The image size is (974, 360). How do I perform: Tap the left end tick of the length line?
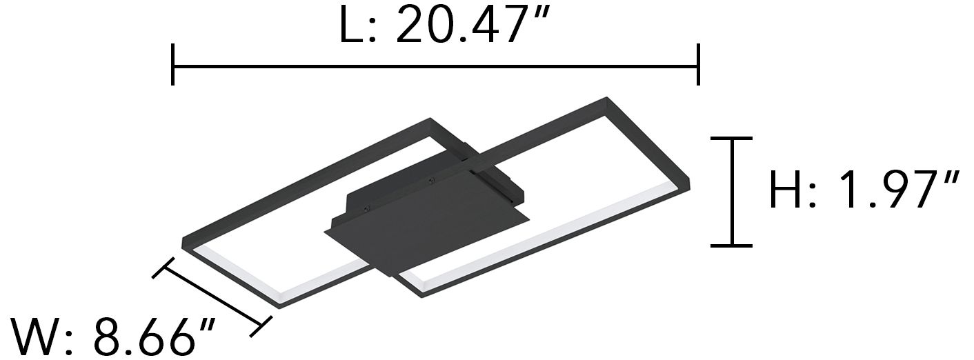coord(172,65)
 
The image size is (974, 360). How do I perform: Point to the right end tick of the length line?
coord(699,65)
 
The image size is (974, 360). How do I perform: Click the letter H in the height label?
coord(786,190)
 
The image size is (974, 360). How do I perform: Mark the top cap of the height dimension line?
coord(731,139)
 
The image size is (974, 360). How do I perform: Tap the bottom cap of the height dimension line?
coord(731,245)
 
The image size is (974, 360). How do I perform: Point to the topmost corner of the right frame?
coord(607,99)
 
